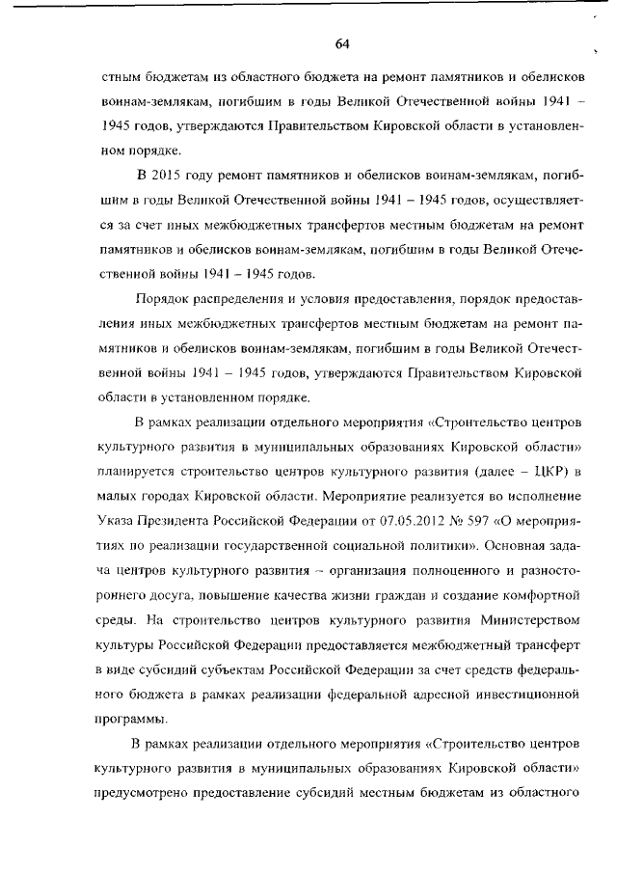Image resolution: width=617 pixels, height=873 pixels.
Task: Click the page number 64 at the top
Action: (x=341, y=43)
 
